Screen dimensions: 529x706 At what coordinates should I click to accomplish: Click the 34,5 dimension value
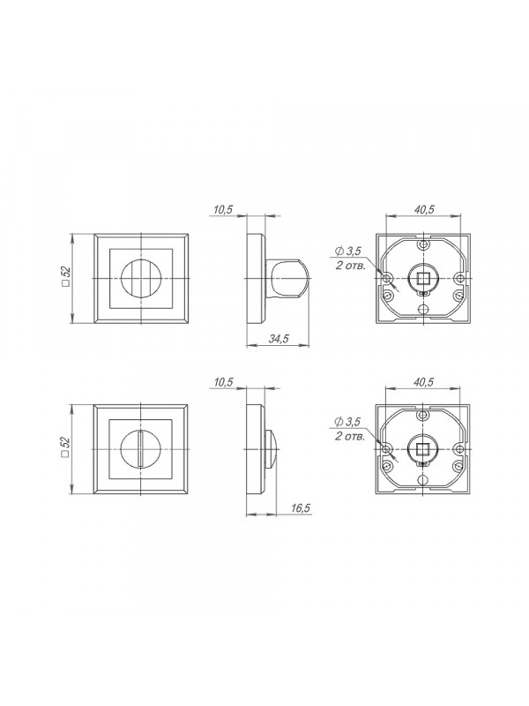(x=279, y=339)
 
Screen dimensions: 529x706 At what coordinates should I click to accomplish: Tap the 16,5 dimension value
(x=301, y=508)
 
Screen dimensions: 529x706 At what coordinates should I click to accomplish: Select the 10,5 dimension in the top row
(x=223, y=210)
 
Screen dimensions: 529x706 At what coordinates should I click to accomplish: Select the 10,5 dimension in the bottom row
(x=223, y=382)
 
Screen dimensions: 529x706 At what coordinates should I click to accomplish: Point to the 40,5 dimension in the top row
(x=424, y=209)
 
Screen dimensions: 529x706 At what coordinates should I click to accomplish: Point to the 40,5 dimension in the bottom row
(x=423, y=382)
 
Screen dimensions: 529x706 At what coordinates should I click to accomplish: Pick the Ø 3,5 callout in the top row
(x=348, y=252)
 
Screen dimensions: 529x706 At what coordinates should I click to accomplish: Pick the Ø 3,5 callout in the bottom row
(x=347, y=423)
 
